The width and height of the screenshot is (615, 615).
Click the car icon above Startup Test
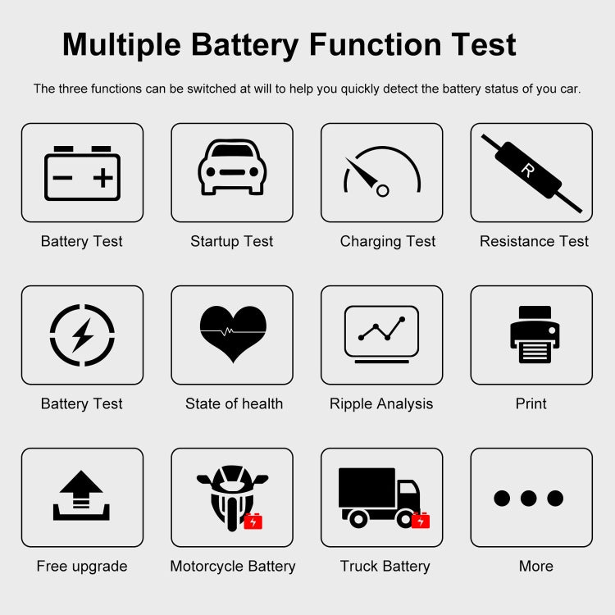tap(232, 167)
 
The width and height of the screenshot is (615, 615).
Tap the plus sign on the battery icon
tap(102, 178)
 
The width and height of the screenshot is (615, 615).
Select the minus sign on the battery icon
tap(63, 178)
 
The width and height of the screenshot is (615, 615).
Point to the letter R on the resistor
tap(527, 171)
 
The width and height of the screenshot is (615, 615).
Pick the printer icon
tap(535, 335)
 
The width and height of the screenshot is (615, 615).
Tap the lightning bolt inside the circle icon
tap(82, 335)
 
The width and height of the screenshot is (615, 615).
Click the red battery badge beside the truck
tap(421, 520)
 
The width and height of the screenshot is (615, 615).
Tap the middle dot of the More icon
tap(529, 498)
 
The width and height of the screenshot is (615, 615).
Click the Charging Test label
tap(388, 241)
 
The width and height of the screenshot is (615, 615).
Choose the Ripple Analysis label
tap(381, 403)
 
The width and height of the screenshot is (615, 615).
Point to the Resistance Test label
tap(534, 241)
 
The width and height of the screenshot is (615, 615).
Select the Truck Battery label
tap(385, 566)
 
